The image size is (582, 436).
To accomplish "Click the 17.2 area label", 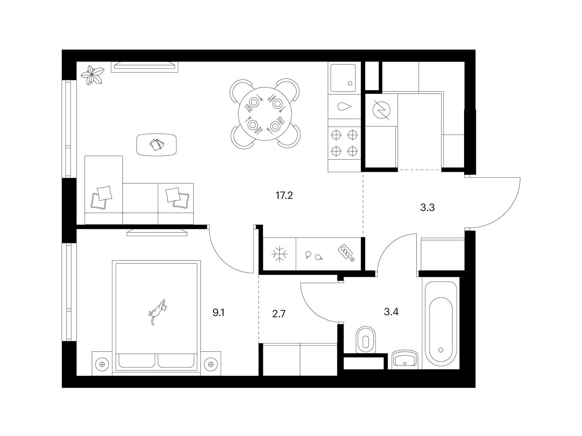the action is click(284, 195).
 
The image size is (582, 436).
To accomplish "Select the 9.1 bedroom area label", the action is click(219, 312).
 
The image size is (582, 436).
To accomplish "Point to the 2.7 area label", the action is click(279, 314).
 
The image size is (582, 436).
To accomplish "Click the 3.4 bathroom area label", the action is click(391, 312).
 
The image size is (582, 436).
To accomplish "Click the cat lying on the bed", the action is click(158, 312).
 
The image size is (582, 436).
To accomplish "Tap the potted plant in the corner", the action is click(92, 75).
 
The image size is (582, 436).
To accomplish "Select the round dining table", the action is click(265, 114).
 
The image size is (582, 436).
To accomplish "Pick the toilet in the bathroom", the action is click(366, 340).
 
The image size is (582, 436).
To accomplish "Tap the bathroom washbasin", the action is click(404, 359).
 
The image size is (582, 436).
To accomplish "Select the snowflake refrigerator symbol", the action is click(279, 254).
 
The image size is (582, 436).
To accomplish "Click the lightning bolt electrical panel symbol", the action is click(381, 110).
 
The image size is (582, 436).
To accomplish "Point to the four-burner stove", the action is click(344, 143).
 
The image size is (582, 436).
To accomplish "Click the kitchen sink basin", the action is click(343, 78).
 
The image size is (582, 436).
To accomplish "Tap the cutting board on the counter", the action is click(346, 252).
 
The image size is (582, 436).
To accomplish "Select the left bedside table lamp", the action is click(102, 364).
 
